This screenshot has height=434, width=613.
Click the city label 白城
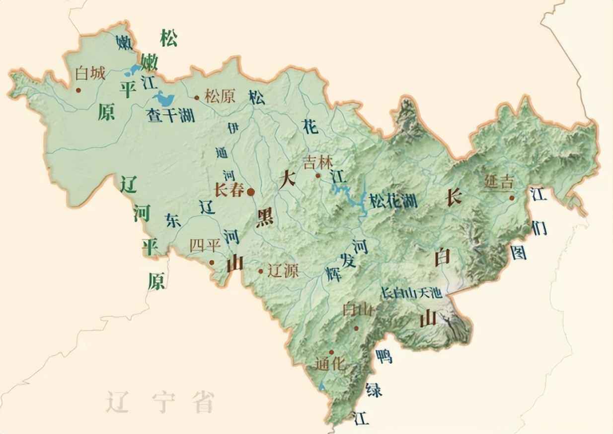click(x=90, y=74)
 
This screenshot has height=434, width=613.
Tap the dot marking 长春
click(x=251, y=191)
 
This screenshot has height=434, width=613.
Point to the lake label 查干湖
click(x=170, y=115)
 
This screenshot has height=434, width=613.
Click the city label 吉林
click(x=318, y=163)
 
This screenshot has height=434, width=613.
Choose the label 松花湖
click(x=392, y=201)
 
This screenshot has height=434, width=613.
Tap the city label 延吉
click(x=499, y=182)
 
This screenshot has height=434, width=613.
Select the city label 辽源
click(x=283, y=271)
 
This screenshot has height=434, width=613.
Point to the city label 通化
click(x=330, y=364)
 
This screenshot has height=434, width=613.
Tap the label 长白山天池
click(x=411, y=293)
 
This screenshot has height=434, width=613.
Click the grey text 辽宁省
click(x=160, y=402)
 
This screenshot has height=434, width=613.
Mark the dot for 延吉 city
click(x=511, y=198)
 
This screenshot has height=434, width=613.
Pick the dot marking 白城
click(x=78, y=90)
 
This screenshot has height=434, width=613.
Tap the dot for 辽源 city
click(x=261, y=271)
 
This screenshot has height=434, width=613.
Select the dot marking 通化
click(x=332, y=352)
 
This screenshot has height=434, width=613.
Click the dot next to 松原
click(x=197, y=98)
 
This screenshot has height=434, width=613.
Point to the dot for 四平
click(x=212, y=262)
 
